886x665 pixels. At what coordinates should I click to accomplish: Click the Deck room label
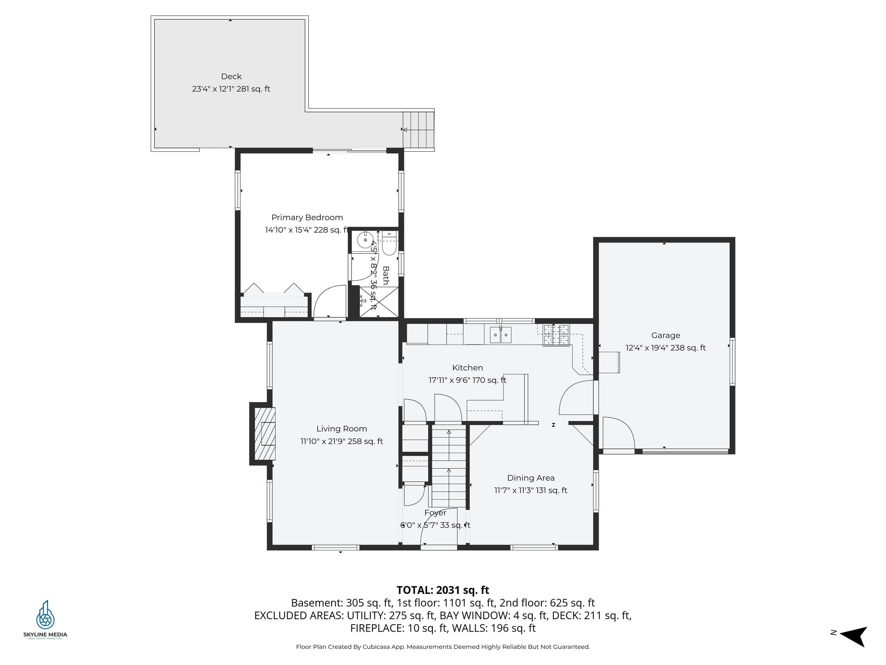(231, 76)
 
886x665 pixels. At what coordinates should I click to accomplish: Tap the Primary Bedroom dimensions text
(306, 230)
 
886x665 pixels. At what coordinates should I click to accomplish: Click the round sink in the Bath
(365, 240)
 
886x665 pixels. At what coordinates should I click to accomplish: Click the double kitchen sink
(500, 335)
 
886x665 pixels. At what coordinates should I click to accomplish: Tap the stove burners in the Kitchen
(556, 335)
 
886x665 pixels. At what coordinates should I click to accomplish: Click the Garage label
(665, 335)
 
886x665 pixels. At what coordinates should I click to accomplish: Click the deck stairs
(418, 130)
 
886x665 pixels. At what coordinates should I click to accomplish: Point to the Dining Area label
(530, 478)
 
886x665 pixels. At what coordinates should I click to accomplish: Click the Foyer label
(435, 513)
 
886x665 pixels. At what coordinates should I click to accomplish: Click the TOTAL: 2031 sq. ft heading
(443, 590)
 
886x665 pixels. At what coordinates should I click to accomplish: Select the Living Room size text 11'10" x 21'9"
(341, 441)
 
